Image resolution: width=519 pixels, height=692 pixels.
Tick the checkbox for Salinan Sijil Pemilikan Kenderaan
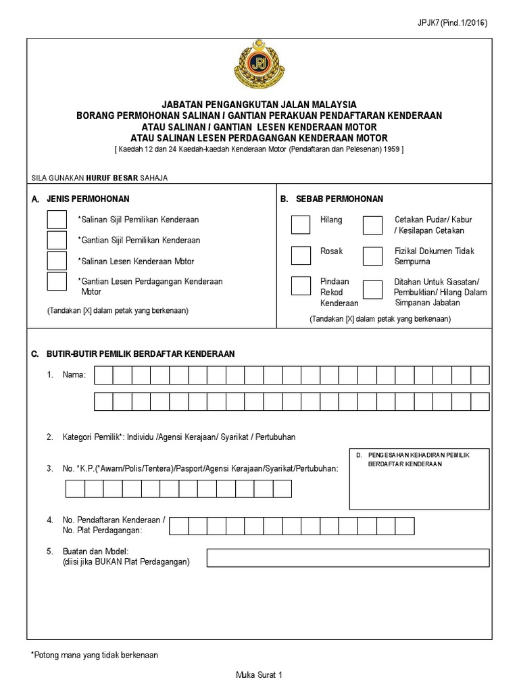click(57, 220)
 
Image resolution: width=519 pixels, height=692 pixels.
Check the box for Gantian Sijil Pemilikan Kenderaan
click(57, 240)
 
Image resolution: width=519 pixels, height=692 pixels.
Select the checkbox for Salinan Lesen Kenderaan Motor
click(57, 261)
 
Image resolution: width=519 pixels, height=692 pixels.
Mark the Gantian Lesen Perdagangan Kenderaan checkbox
click(57, 281)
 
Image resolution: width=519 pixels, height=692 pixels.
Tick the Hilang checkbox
click(301, 224)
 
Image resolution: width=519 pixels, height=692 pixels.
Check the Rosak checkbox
click(301, 255)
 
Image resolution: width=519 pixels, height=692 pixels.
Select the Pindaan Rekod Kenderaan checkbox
click(301, 286)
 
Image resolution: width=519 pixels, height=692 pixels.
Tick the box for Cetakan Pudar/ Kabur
click(372, 224)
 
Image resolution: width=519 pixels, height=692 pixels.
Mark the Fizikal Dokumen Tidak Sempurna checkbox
click(372, 255)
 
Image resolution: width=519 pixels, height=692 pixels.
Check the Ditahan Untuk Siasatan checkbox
click(372, 289)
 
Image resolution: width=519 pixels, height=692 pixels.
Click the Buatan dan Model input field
click(347, 558)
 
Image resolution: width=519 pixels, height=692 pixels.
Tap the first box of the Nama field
click(103, 375)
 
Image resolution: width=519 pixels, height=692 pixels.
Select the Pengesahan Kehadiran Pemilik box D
click(418, 479)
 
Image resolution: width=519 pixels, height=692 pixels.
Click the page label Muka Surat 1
click(258, 674)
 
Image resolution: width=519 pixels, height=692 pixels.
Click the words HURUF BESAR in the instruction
click(111, 178)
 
